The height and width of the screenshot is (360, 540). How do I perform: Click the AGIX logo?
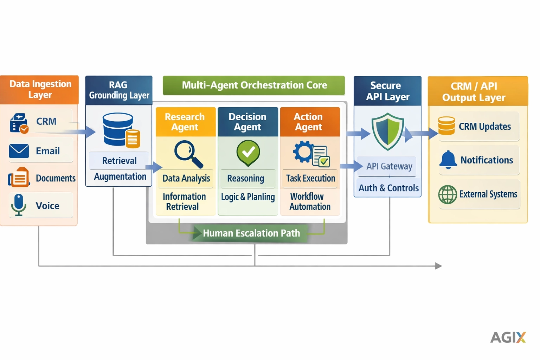click(x=508, y=337)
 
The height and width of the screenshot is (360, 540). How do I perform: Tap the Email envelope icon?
click(x=19, y=151)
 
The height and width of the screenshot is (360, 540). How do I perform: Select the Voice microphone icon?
click(x=19, y=204)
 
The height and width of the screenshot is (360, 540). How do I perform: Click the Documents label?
click(x=56, y=178)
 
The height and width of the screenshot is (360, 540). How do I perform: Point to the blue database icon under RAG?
click(x=118, y=129)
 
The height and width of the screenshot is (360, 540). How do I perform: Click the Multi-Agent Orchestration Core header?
click(x=254, y=85)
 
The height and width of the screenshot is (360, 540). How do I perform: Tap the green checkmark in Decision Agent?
click(x=248, y=153)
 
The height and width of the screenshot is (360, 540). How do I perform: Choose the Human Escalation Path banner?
click(x=251, y=233)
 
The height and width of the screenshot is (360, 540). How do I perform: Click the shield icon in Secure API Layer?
click(x=387, y=131)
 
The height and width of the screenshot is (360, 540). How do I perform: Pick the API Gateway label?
click(x=389, y=166)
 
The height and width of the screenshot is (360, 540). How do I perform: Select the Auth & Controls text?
click(x=388, y=188)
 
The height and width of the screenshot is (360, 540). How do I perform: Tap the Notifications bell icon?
click(x=448, y=160)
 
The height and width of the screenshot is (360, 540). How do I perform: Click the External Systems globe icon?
click(x=448, y=194)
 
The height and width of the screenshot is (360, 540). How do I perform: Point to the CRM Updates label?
click(x=484, y=127)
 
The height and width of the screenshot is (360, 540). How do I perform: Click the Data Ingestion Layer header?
click(x=40, y=89)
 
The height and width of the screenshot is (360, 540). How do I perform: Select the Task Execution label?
click(x=310, y=178)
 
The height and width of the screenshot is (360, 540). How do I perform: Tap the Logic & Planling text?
click(x=248, y=197)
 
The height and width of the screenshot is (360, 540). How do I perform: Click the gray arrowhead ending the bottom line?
click(x=438, y=266)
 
